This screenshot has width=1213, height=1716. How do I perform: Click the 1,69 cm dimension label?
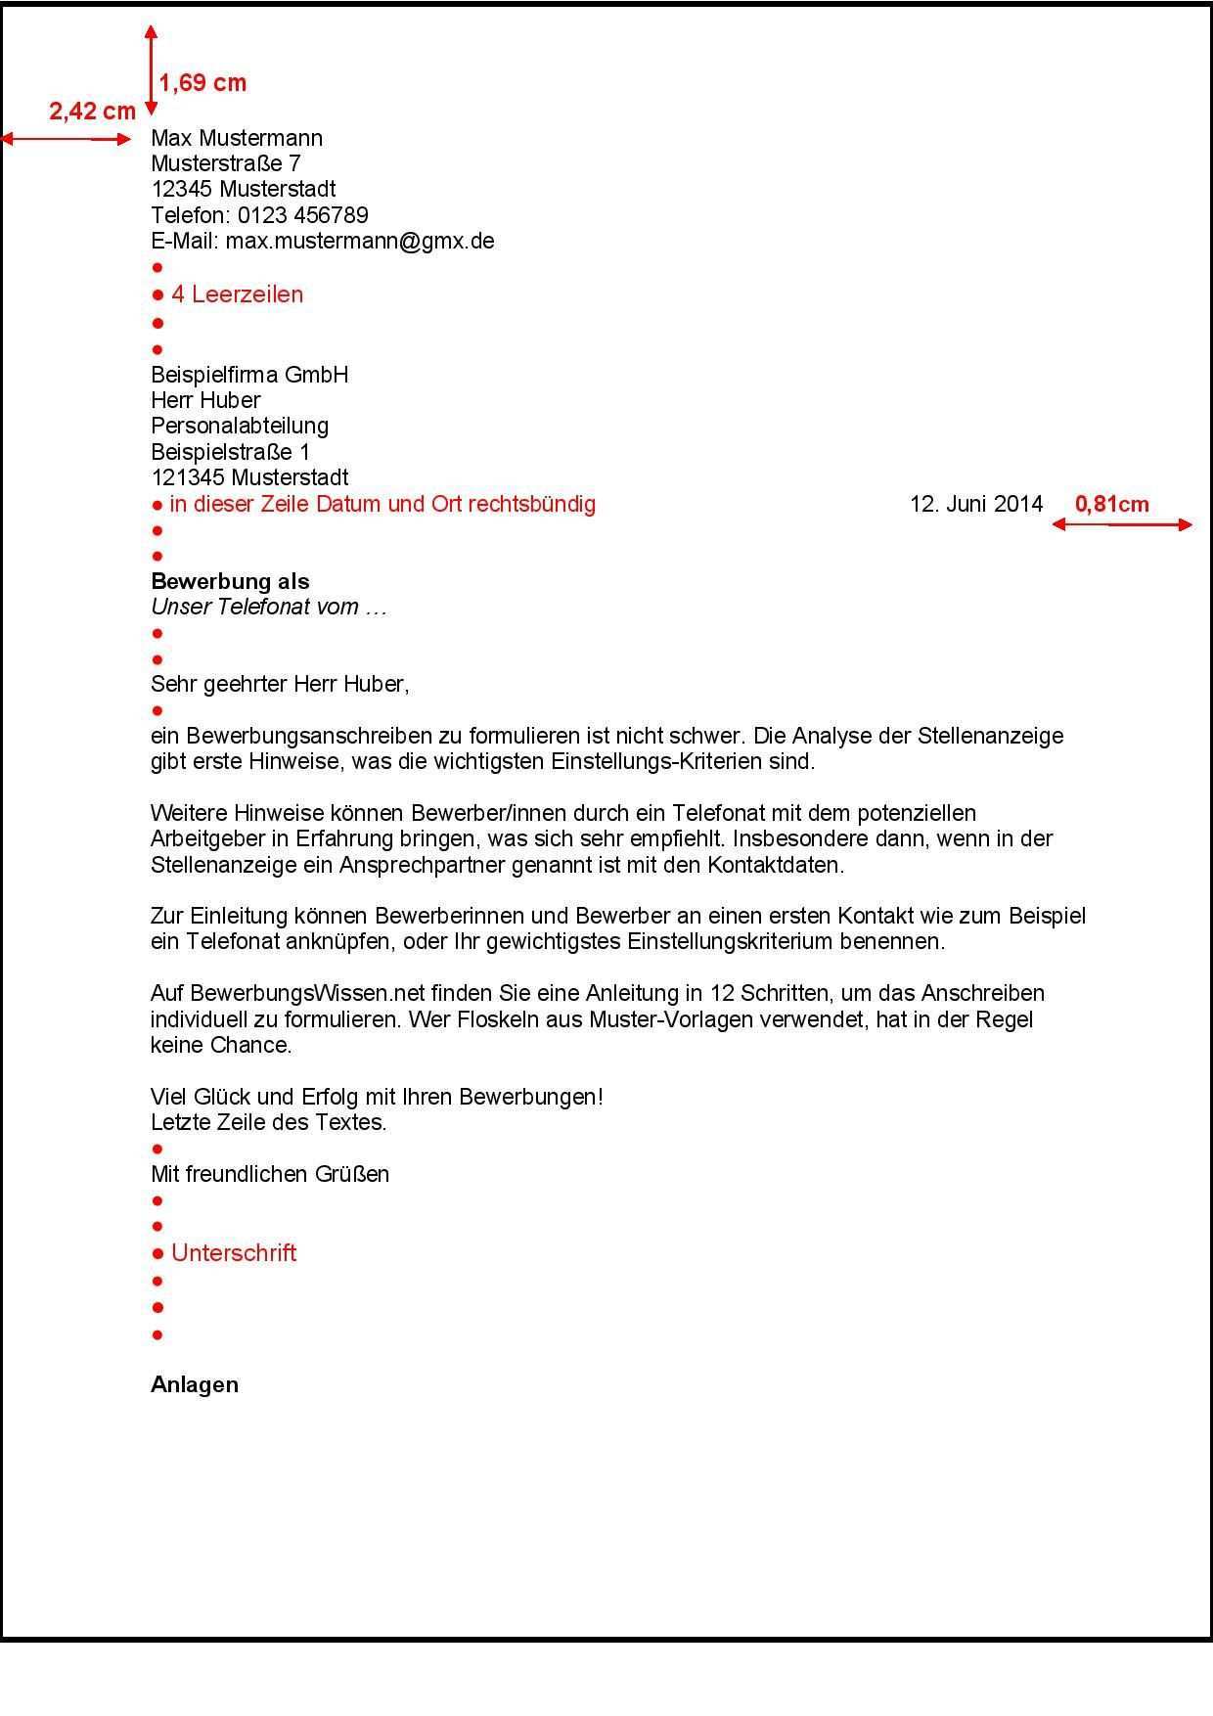(202, 83)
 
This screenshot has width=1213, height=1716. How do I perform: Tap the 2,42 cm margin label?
(92, 112)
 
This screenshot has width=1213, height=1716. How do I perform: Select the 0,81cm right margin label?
(1111, 505)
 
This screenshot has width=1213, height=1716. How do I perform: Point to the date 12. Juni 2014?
(976, 504)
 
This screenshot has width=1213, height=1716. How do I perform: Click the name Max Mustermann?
(237, 138)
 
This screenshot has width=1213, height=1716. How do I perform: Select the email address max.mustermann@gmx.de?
(360, 241)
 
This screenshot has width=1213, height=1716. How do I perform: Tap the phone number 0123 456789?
(302, 215)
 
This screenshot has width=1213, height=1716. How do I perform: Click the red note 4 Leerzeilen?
(237, 294)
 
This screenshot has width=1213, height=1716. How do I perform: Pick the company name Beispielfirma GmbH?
(249, 375)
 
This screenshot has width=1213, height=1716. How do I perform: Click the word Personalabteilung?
(240, 426)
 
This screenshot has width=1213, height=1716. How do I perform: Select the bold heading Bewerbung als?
(230, 582)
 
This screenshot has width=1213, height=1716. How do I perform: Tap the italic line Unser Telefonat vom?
(269, 607)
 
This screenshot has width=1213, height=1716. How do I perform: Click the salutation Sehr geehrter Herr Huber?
(280, 684)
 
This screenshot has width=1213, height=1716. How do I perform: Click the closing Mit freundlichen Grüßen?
(270, 1174)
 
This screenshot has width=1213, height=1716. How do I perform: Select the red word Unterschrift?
(234, 1253)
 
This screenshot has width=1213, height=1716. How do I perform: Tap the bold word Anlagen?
(195, 1385)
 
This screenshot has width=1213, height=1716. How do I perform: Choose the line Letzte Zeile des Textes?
(269, 1123)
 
